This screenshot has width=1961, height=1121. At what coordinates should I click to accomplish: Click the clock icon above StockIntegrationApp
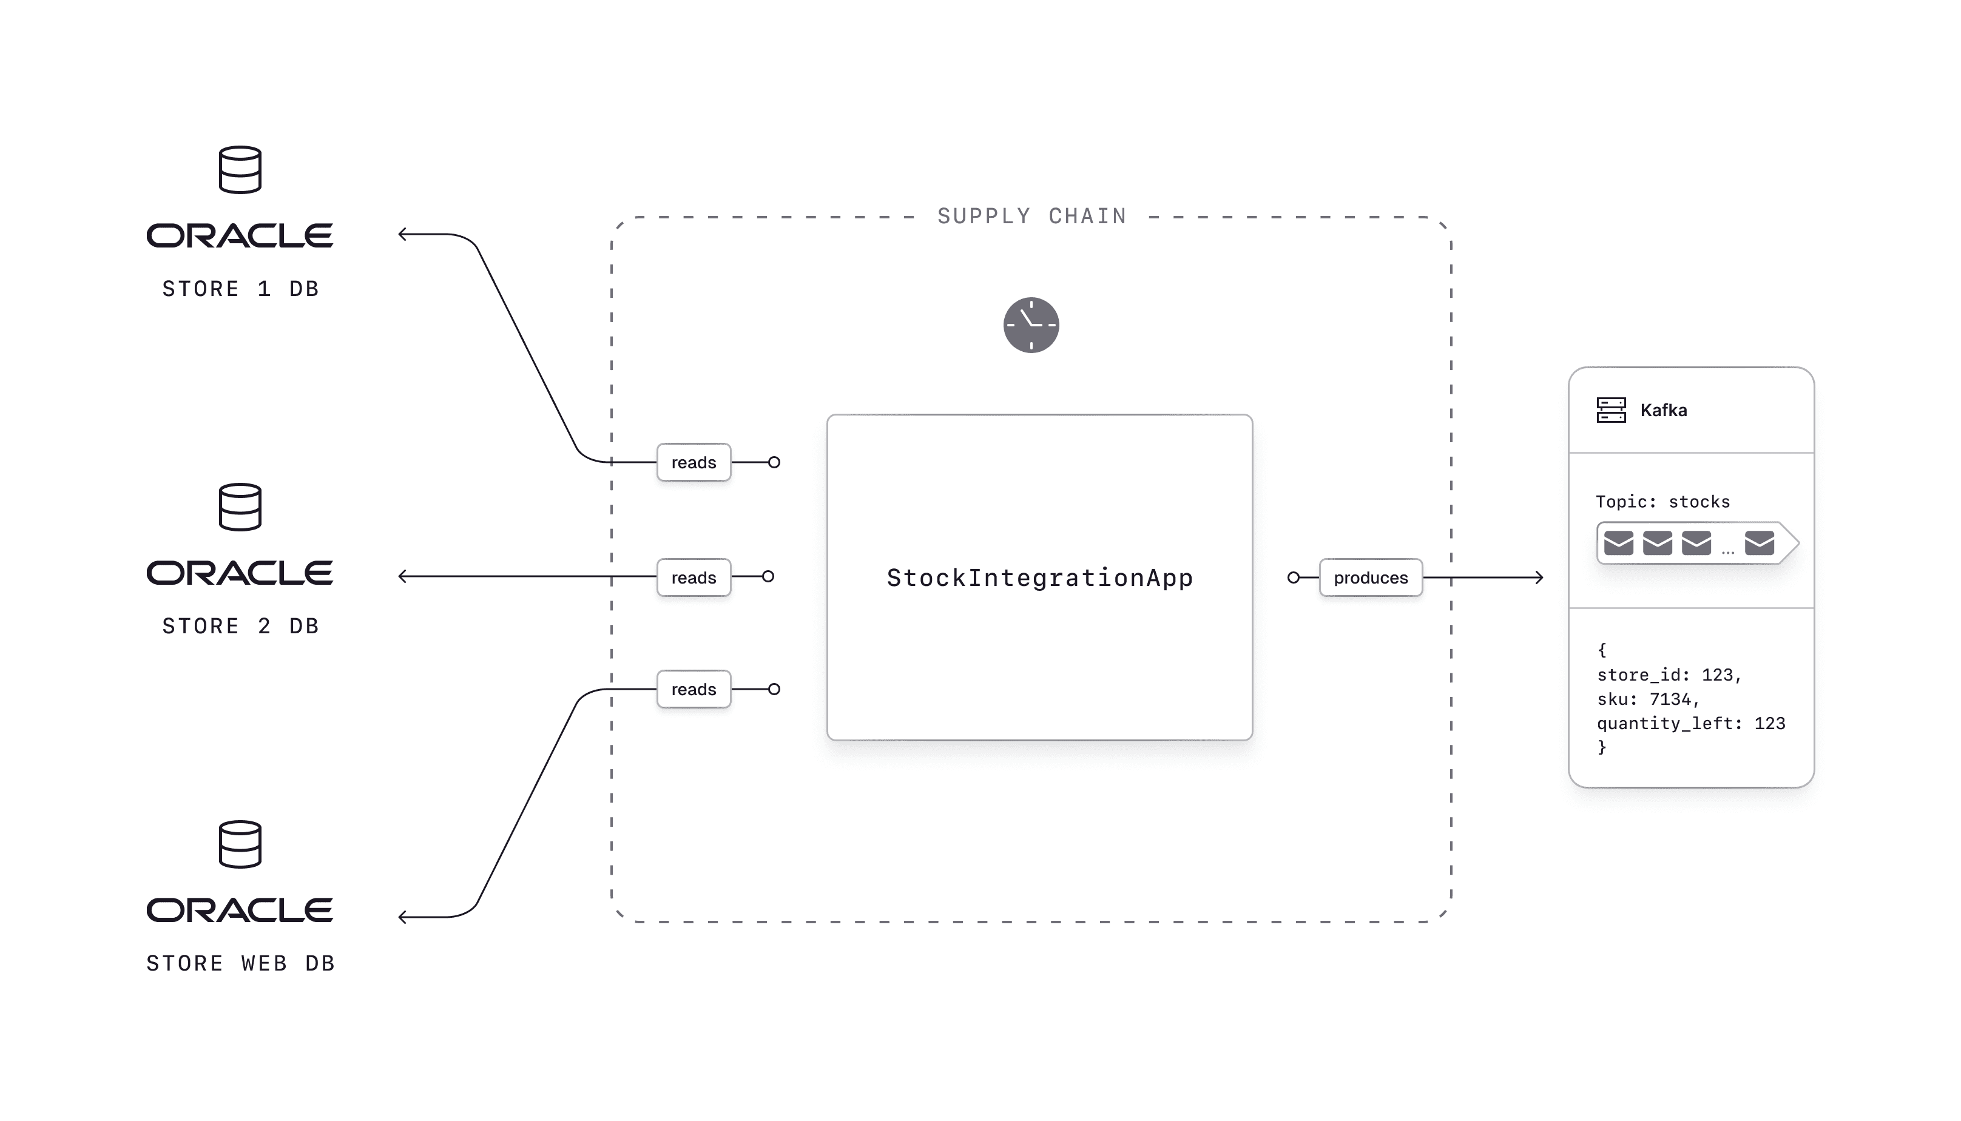[1031, 325]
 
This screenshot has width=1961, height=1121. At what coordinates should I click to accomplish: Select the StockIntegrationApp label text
[1039, 577]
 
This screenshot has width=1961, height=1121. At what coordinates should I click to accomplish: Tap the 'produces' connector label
[1371, 577]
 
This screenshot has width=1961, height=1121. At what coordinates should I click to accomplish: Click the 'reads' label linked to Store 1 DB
[694, 462]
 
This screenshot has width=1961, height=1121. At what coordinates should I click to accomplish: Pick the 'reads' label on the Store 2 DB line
[694, 577]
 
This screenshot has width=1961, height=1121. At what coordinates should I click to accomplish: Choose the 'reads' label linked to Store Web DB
[694, 689]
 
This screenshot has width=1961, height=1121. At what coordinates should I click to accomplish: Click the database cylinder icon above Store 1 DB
[240, 169]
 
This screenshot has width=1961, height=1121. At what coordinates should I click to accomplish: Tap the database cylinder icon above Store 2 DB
[240, 507]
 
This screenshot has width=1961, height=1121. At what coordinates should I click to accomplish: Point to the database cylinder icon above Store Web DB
[240, 844]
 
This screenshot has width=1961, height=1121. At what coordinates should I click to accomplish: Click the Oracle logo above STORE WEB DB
[240, 910]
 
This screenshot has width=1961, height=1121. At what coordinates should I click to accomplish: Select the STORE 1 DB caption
[240, 289]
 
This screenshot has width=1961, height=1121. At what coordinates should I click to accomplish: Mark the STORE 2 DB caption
[240, 626]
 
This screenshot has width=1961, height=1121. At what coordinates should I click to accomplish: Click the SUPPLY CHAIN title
[1031, 217]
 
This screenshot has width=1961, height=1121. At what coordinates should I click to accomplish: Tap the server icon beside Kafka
[1611, 409]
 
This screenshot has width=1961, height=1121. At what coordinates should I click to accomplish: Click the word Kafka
[1663, 410]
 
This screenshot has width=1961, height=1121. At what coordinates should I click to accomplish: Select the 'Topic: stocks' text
[1662, 502]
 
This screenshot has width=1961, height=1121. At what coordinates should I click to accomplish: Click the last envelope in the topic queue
[1760, 543]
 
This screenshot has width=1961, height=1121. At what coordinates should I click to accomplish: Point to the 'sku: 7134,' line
[1648, 699]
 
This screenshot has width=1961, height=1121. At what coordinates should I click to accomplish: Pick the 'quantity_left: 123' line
[1691, 723]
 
